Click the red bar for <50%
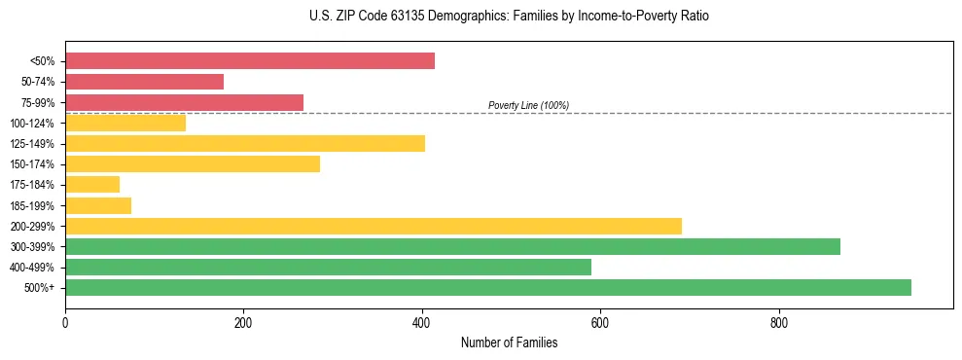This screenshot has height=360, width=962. click(x=249, y=61)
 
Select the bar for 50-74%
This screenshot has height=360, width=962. click(x=144, y=82)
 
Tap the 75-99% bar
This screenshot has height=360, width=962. click(x=184, y=102)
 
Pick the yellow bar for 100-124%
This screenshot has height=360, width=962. click(x=125, y=123)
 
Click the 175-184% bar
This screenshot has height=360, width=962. click(x=92, y=185)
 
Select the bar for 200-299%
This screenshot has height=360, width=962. click(x=374, y=226)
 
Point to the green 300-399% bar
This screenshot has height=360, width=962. click(x=452, y=246)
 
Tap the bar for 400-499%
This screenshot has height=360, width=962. click(x=328, y=267)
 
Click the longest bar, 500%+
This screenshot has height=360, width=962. click(x=488, y=287)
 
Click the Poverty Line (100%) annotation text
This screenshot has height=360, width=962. click(x=528, y=105)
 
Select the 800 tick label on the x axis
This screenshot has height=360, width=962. click(x=778, y=323)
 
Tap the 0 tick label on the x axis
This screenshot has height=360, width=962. click(x=65, y=323)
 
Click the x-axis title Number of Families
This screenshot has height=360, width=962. click(x=509, y=342)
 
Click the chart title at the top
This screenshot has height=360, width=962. click(x=509, y=17)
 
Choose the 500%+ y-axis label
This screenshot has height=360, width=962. click(x=41, y=288)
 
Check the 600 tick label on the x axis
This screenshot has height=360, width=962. click(x=600, y=323)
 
